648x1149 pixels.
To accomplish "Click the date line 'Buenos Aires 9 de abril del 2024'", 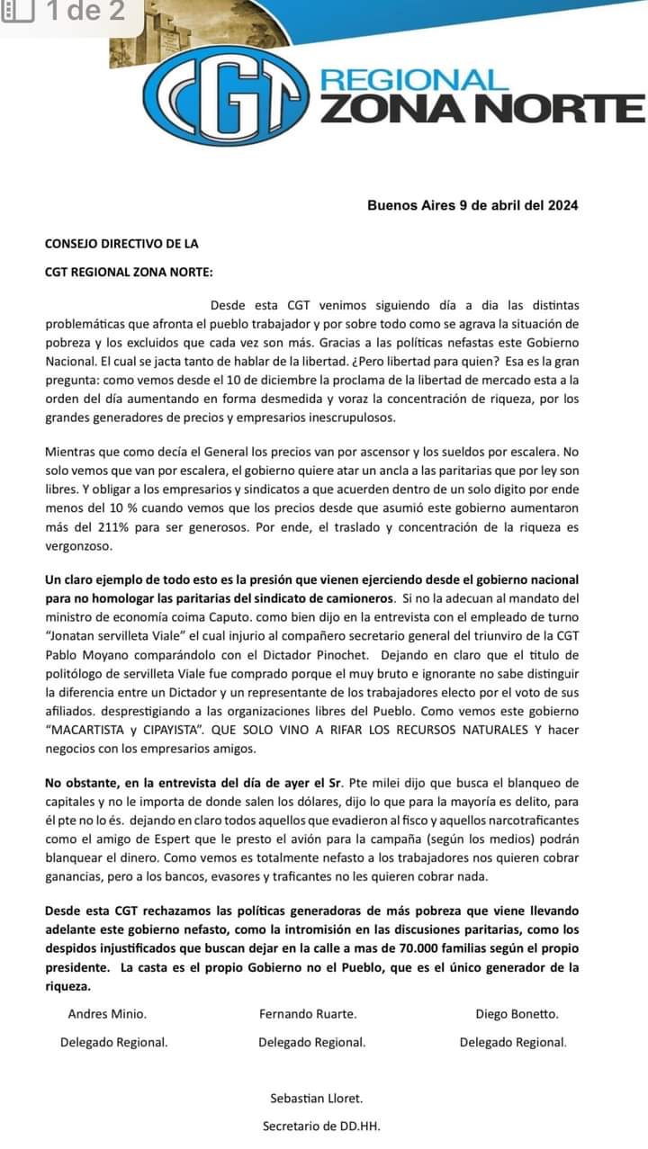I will [472, 205].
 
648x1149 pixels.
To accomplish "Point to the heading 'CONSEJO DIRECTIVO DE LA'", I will [121, 243].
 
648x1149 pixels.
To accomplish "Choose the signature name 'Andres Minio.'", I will [107, 1014].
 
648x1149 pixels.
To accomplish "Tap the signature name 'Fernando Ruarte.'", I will [308, 1014].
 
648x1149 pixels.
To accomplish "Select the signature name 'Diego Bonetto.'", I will [517, 1014].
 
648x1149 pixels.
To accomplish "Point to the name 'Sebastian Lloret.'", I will [317, 1098].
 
